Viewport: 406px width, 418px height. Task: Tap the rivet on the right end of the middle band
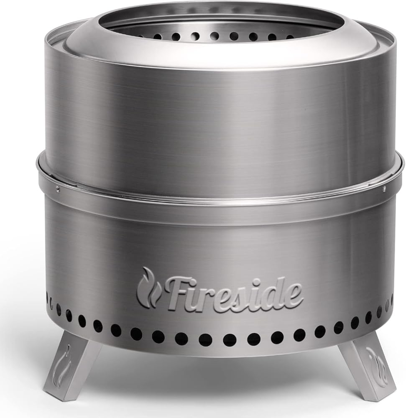384,189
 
